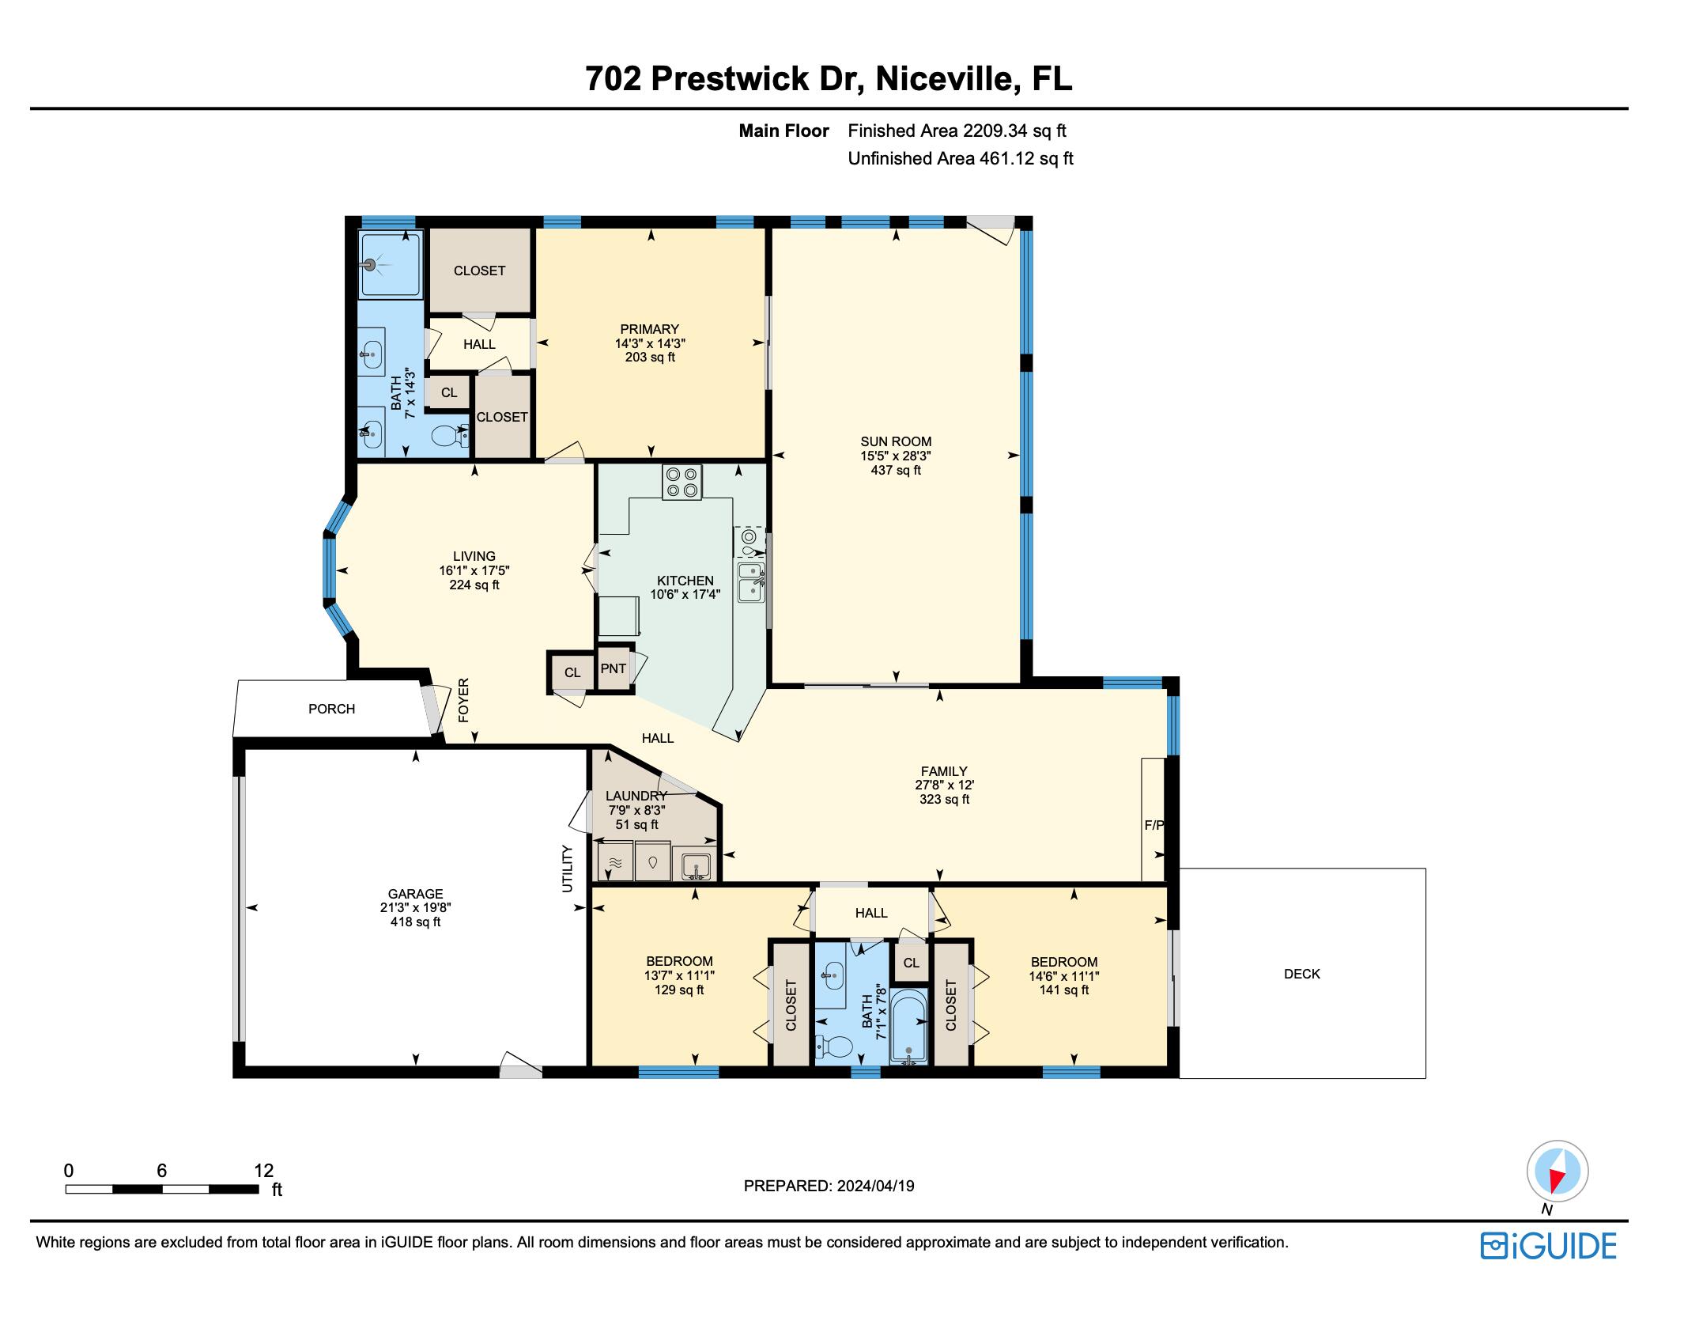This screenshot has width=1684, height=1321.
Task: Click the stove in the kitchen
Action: (x=682, y=483)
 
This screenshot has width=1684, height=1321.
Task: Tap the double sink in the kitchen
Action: (x=750, y=581)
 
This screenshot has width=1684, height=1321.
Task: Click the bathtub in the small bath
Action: (x=909, y=1026)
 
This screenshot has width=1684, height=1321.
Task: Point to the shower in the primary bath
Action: (x=391, y=264)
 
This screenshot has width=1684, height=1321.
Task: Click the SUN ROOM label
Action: (x=896, y=441)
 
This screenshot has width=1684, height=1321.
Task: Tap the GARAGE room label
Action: (x=415, y=894)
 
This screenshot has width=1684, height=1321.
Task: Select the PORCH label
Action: (x=331, y=709)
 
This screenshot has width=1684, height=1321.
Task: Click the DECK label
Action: (x=1301, y=974)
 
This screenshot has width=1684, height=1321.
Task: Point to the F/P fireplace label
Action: (x=1154, y=825)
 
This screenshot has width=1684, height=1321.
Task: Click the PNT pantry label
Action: (x=614, y=668)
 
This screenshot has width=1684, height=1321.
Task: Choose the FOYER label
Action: (x=464, y=700)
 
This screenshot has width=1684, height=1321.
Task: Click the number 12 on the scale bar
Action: (x=264, y=1170)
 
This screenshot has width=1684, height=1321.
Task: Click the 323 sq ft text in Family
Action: (x=944, y=799)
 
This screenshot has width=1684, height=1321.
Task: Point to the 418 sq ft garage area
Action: (x=415, y=922)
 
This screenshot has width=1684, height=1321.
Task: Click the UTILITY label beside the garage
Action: (x=567, y=869)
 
